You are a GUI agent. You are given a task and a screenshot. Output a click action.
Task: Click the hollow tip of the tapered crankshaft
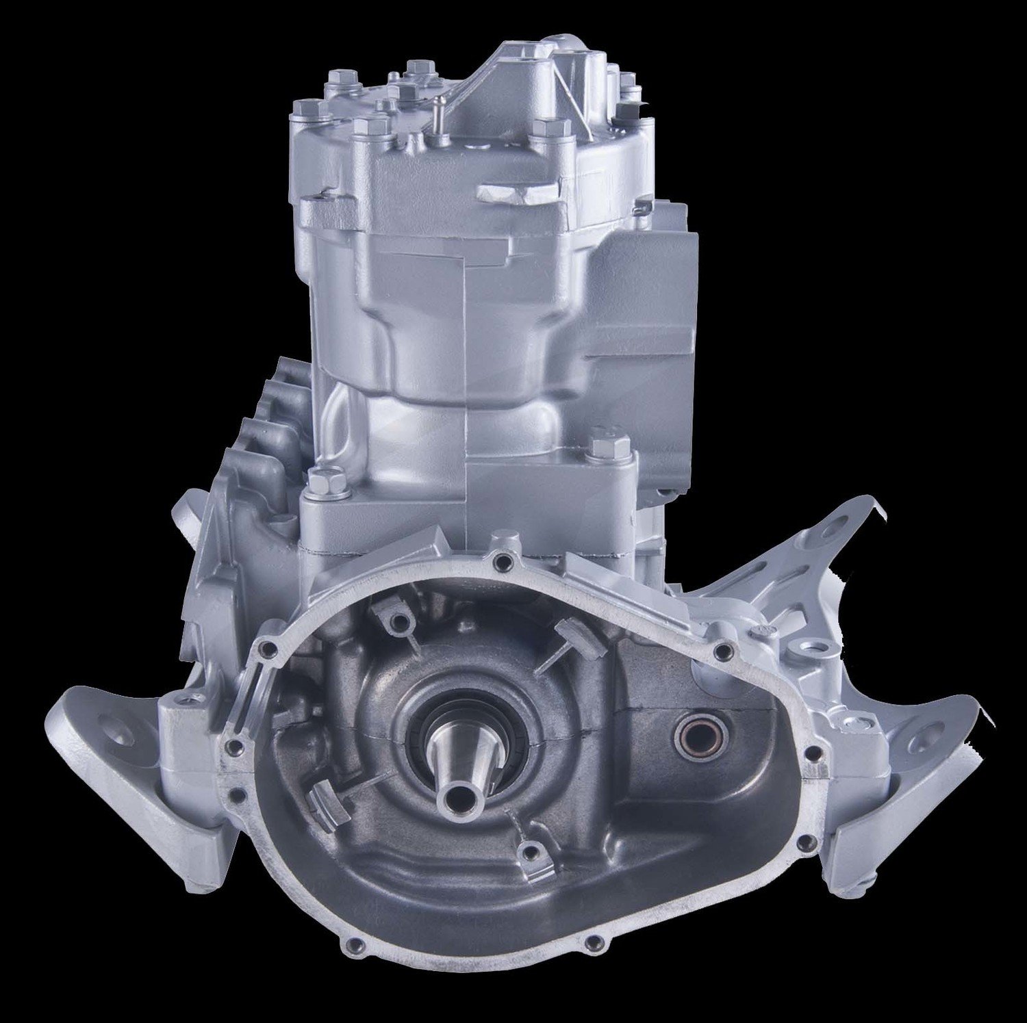tap(453, 799)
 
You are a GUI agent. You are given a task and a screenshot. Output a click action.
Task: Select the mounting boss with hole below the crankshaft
tap(528, 852)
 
